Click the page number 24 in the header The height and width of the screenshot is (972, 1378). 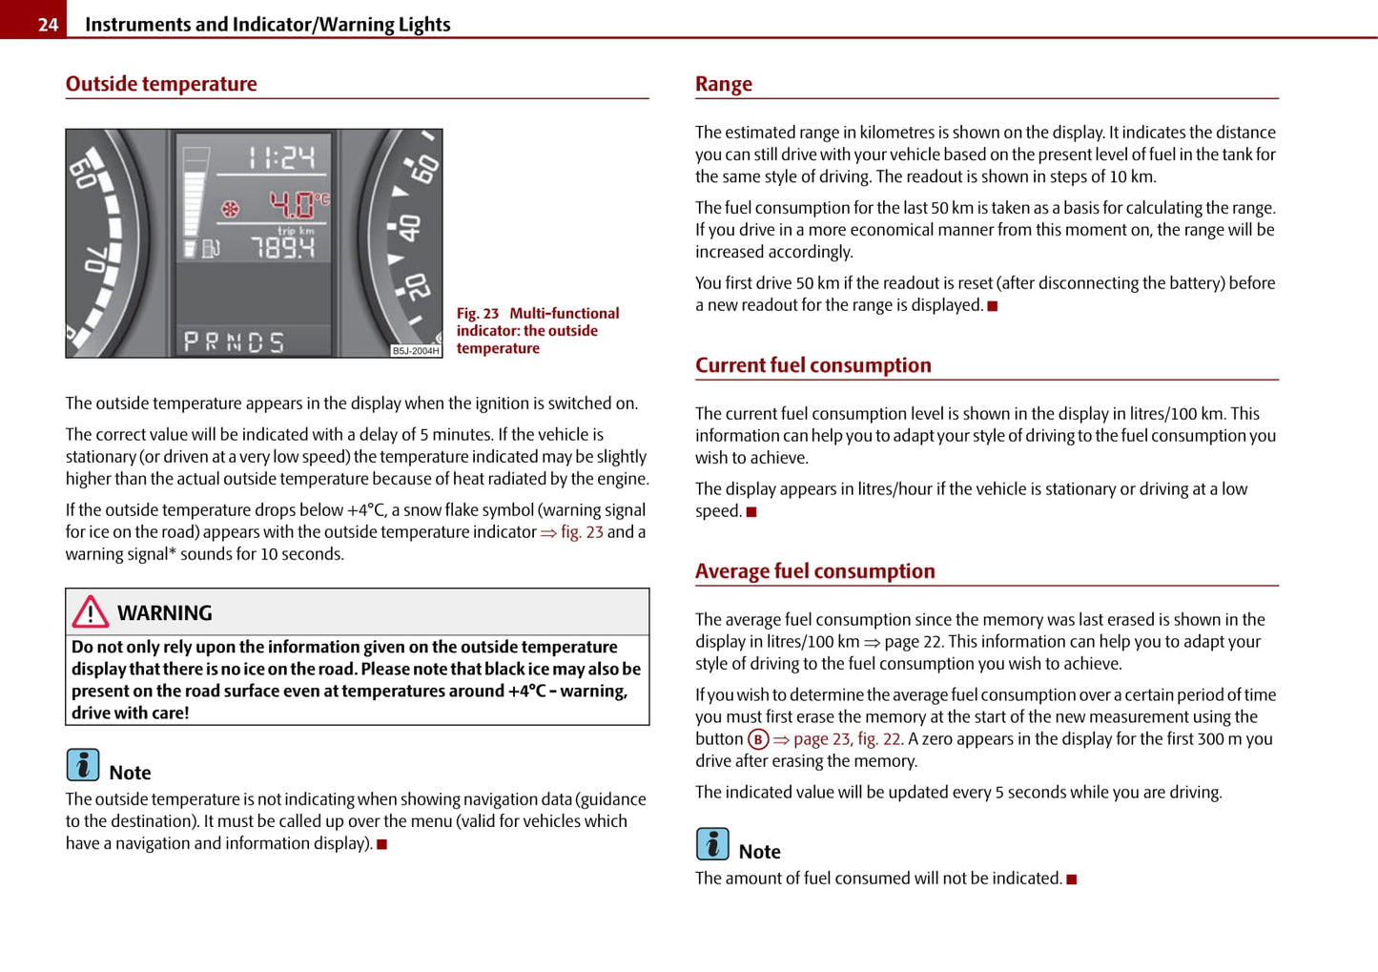[x=48, y=24]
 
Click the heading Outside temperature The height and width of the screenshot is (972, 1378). [x=161, y=84]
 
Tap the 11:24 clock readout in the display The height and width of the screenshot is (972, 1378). [x=281, y=157]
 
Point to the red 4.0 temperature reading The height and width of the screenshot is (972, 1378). [x=294, y=204]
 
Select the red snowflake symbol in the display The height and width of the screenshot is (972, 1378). [x=230, y=208]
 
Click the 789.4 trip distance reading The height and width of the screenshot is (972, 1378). [x=283, y=248]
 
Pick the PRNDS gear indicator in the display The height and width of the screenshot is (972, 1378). [x=234, y=341]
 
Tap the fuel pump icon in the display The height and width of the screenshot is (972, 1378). [x=210, y=249]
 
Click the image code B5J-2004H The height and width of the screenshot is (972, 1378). [x=416, y=351]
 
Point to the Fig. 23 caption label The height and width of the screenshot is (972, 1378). [x=478, y=313]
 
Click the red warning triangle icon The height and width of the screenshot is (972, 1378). [x=91, y=611]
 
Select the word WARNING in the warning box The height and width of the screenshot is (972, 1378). [x=165, y=613]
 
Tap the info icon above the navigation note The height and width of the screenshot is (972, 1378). [x=83, y=765]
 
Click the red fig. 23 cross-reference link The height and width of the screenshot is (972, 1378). [x=581, y=532]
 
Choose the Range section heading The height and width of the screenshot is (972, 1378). [x=724, y=84]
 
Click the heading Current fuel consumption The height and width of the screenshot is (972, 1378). [x=812, y=365]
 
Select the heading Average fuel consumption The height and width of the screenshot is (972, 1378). [x=814, y=571]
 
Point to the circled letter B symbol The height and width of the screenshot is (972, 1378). [x=758, y=739]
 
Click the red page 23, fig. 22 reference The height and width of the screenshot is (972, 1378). [x=846, y=739]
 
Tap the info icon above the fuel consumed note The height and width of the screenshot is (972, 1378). [x=712, y=844]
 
